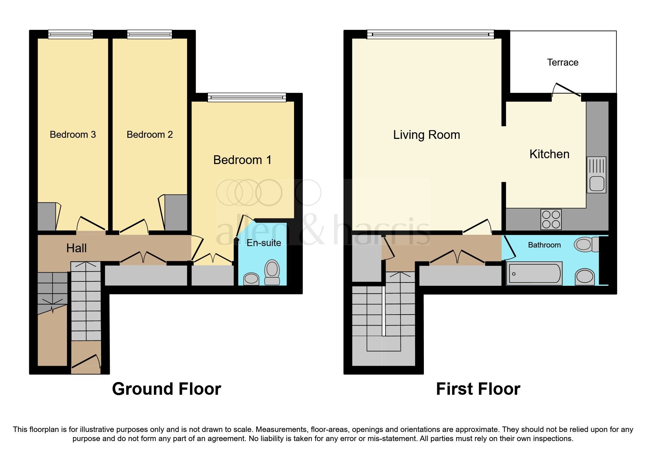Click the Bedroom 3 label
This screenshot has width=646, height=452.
pos(73,135)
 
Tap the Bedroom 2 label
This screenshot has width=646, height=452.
pos(150,135)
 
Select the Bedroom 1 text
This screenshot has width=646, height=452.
pos(242,160)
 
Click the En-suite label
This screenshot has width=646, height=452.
pos(264,243)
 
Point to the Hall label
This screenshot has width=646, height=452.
pos(76,248)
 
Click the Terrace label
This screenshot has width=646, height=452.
pos(562,62)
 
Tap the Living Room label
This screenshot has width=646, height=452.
pos(426,135)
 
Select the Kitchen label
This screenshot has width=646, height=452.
pos(549,154)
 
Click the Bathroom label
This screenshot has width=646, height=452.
pos(544,245)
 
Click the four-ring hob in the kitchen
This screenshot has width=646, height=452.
pos(551,219)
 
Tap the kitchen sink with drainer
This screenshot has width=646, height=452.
pos(596,175)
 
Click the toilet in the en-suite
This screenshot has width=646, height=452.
pos(272,272)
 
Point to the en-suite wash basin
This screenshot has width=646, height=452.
pos(251,279)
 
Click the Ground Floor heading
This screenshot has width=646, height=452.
pos(166,389)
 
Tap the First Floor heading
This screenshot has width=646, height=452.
pos(478,389)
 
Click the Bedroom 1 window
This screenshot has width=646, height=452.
pos(247,97)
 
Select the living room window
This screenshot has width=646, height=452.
pos(430,35)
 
